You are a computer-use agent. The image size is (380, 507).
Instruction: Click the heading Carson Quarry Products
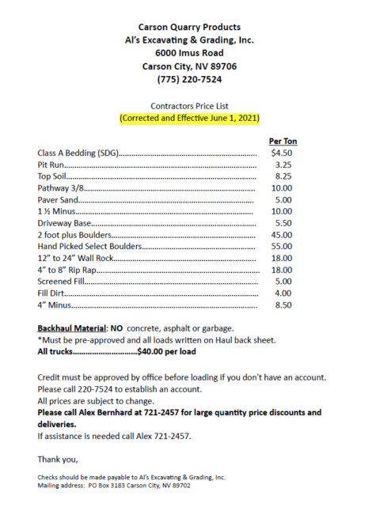[x=189, y=28]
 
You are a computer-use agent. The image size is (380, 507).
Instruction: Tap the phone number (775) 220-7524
[x=189, y=79]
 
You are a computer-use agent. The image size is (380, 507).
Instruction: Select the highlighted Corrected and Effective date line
[x=189, y=119]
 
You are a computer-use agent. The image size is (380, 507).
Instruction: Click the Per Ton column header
[x=283, y=142]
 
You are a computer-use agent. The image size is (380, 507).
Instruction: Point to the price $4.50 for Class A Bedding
[x=283, y=153]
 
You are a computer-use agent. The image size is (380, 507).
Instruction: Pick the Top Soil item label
[x=52, y=177]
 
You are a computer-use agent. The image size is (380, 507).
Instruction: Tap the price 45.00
[x=283, y=235]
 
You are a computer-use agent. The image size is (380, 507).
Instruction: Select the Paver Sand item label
[x=58, y=200]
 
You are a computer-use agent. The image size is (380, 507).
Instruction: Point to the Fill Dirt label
[x=51, y=293]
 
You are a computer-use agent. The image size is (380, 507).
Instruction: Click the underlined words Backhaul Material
[x=72, y=328]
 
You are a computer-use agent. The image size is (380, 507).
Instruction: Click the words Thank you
[x=57, y=459]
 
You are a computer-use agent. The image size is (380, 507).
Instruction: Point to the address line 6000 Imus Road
[x=189, y=53]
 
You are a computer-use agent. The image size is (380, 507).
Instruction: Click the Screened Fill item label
[x=59, y=282]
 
